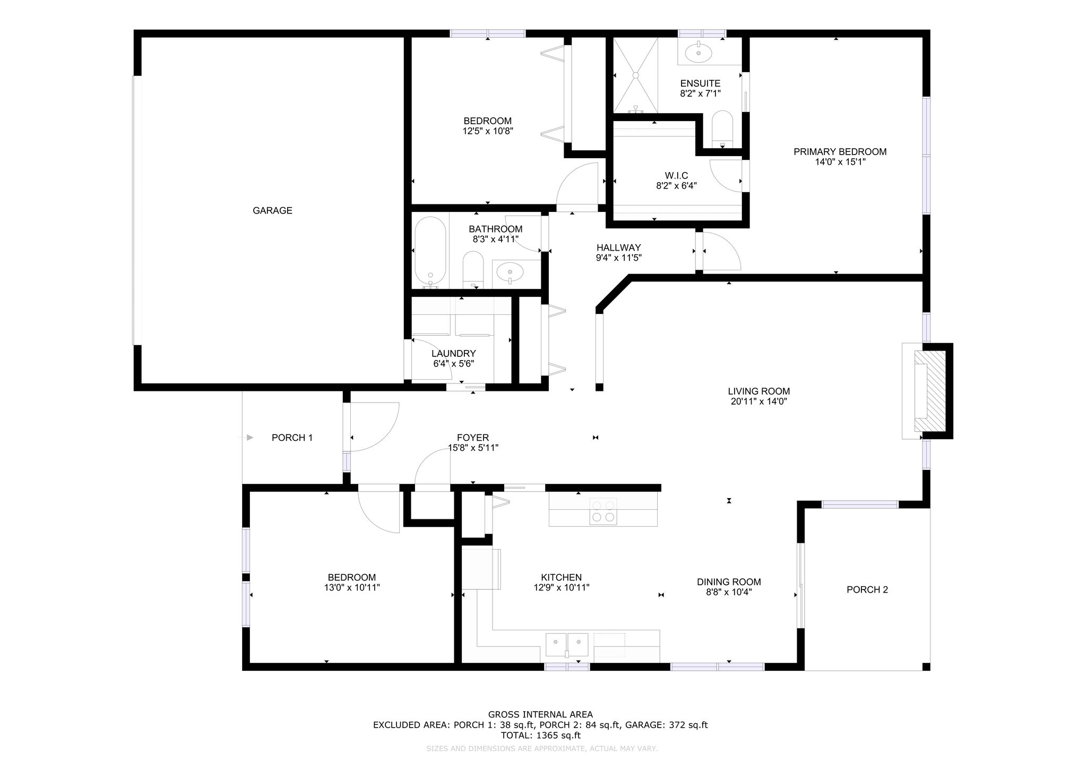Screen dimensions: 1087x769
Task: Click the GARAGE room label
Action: (272, 211)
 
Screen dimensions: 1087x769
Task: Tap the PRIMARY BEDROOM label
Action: (840, 152)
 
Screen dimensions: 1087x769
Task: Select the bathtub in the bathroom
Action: (430, 253)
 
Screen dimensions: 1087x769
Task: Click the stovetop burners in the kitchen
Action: (603, 511)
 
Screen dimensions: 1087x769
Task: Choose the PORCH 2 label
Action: (867, 589)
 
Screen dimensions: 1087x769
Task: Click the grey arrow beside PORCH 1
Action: (250, 438)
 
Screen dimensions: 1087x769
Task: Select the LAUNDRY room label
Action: (453, 354)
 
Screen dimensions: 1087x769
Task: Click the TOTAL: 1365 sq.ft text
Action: (540, 736)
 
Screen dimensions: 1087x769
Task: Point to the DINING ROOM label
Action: (729, 582)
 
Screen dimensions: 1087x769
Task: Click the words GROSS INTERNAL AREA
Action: (540, 715)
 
